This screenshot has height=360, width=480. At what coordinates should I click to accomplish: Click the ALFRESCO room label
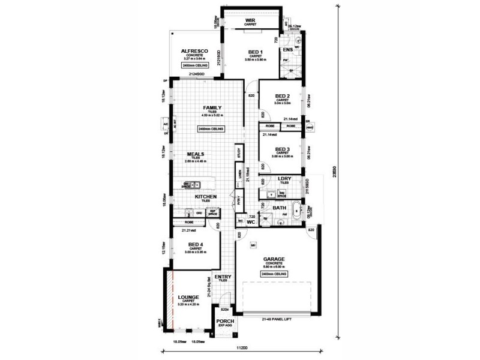point(194,52)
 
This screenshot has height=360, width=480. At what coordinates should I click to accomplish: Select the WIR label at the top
point(250,20)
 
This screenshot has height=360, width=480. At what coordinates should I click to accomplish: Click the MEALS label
point(196,154)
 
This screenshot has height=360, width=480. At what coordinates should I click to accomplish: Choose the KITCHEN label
point(205,196)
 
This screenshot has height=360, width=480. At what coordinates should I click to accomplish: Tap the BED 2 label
point(283,96)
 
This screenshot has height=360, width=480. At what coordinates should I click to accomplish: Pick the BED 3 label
point(283,149)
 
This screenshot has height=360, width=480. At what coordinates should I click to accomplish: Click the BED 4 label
point(196,245)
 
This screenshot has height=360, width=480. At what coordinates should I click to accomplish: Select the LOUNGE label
point(188,297)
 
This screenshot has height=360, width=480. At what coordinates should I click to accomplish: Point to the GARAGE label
point(274,260)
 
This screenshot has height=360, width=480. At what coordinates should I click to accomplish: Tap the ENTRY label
point(223,277)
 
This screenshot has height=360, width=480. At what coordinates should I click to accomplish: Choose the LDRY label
point(284,179)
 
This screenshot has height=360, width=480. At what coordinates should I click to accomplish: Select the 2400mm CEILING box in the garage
point(274,273)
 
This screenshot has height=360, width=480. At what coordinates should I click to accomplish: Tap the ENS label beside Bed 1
point(287,49)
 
